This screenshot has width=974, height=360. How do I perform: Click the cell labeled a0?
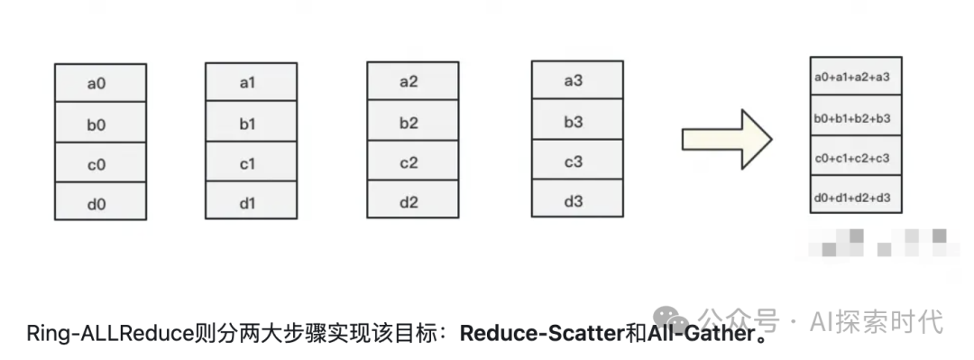coord(99,83)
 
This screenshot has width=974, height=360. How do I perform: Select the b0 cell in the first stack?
coord(99,124)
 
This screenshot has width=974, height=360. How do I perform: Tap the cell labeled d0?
coord(99,203)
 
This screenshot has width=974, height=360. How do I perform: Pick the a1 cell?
coord(250,83)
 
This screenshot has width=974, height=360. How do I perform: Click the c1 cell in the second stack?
coord(250,163)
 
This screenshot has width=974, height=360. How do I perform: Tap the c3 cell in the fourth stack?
coord(575,161)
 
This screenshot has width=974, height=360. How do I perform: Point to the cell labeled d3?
coord(575,200)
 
